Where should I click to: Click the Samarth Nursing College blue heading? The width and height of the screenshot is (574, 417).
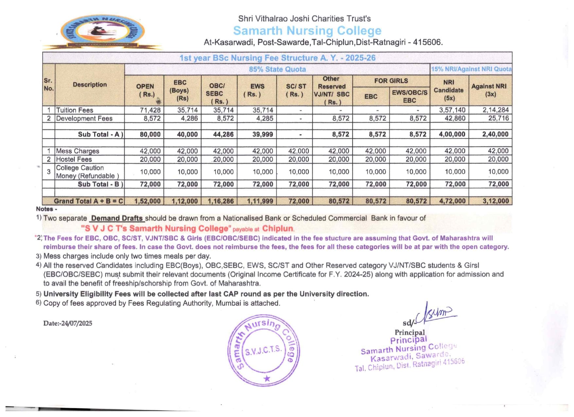[x=307, y=31]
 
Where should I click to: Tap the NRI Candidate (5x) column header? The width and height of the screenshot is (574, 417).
[x=449, y=90]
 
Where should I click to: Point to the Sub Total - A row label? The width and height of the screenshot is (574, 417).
[x=100, y=134]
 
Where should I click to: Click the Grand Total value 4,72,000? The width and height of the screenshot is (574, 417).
[x=452, y=201]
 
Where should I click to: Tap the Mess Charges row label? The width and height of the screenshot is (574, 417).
[x=78, y=151]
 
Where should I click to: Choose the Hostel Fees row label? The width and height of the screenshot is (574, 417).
[x=74, y=159]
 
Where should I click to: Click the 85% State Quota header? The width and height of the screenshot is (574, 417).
[x=277, y=69]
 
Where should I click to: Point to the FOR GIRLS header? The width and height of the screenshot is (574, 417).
[x=391, y=81]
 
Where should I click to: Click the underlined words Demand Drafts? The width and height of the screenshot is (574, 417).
[x=117, y=218]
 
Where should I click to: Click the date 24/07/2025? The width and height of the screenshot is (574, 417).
[x=77, y=323]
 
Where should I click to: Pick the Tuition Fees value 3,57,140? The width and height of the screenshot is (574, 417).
[x=452, y=110]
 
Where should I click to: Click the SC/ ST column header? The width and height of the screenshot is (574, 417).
[x=296, y=90]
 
